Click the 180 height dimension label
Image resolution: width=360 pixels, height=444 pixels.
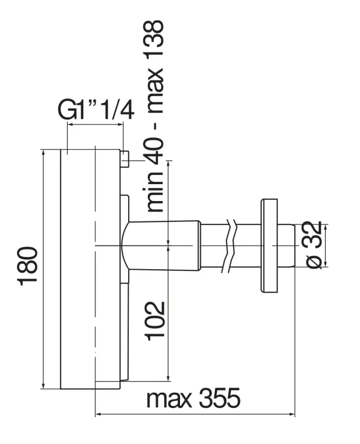point(29,266)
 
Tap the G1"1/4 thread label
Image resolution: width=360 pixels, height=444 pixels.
point(96,110)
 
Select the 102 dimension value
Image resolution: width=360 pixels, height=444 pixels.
point(155,320)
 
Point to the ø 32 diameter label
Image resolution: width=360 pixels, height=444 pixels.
point(314,245)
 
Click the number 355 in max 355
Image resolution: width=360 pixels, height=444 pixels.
point(220,397)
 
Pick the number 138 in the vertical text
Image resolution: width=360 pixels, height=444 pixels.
point(154,39)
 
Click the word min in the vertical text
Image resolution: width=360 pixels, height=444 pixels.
point(154,192)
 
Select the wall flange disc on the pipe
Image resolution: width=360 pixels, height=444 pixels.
point(269,246)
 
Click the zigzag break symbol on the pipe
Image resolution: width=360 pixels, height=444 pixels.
point(230,246)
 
